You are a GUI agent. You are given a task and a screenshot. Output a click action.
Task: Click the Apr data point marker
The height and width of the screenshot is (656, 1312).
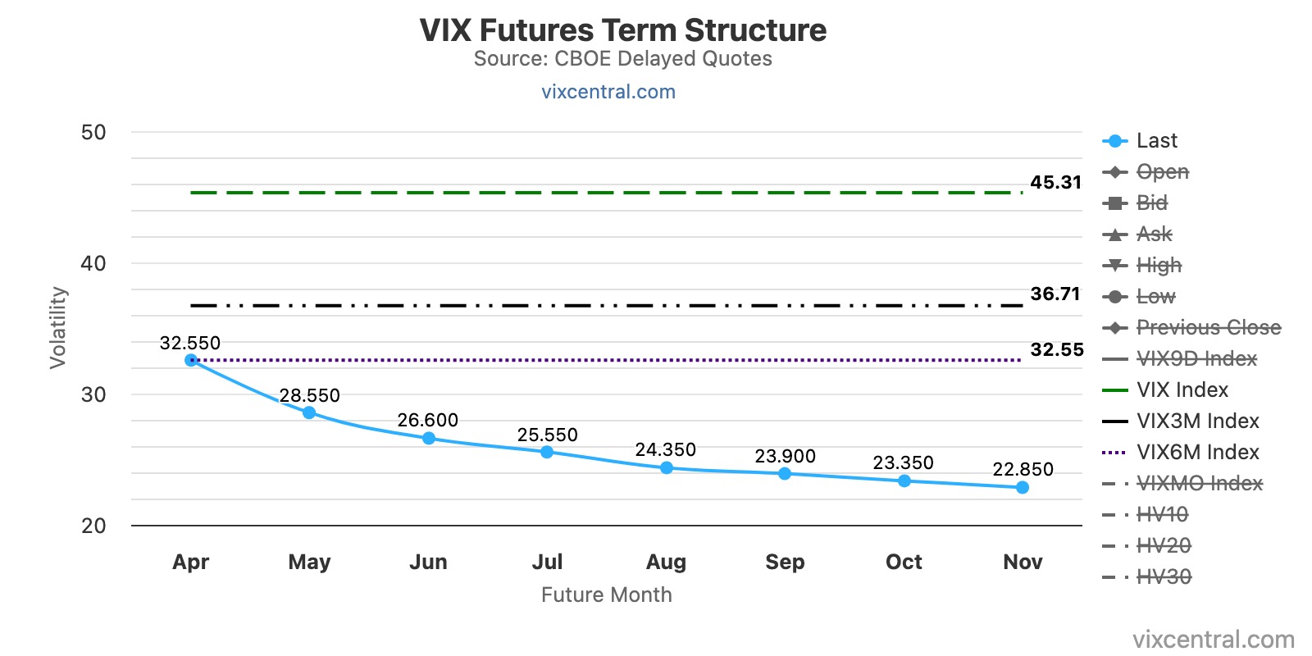(x=191, y=360)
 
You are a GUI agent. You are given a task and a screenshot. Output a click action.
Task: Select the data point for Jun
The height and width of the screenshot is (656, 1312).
(x=429, y=439)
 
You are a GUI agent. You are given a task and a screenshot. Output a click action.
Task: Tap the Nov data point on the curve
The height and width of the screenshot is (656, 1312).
(x=1023, y=488)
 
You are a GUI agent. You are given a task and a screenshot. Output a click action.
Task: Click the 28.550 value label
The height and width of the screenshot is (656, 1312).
(x=309, y=396)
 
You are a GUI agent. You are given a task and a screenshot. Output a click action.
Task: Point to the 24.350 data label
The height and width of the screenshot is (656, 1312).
(x=665, y=450)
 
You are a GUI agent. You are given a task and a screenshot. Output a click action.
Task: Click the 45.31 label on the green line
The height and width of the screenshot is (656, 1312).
(x=1055, y=183)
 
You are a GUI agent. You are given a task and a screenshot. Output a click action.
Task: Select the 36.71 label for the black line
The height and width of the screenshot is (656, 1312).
(x=1055, y=294)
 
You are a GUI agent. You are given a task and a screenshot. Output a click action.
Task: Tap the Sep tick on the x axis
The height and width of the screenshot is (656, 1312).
(x=785, y=563)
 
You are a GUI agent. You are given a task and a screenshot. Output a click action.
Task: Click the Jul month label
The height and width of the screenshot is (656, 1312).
(x=547, y=563)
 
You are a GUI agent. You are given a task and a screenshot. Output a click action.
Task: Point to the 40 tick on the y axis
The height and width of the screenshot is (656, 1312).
(x=93, y=264)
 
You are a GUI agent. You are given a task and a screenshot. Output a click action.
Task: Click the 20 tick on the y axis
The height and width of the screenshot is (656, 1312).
(x=93, y=526)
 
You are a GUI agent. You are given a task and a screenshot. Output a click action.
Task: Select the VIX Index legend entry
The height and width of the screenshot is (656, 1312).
(x=1182, y=390)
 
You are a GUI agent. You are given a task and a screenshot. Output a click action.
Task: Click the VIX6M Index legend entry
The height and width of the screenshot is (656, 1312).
(x=1197, y=453)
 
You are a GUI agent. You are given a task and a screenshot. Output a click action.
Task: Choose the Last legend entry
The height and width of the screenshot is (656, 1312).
(x=1156, y=141)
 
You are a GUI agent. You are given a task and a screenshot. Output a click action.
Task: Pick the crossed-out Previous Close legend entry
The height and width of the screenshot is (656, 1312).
(x=1208, y=328)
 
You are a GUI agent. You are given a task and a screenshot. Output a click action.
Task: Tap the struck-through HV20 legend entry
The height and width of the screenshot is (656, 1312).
(x=1163, y=546)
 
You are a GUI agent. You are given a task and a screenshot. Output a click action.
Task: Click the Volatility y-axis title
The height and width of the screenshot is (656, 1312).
(x=57, y=328)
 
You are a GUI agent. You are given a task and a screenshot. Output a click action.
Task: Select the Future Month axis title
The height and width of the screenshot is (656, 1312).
(x=606, y=595)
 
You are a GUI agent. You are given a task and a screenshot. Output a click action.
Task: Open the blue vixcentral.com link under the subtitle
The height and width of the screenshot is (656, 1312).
(x=608, y=92)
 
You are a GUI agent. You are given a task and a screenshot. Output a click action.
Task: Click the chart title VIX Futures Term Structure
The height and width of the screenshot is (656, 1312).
(x=622, y=30)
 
